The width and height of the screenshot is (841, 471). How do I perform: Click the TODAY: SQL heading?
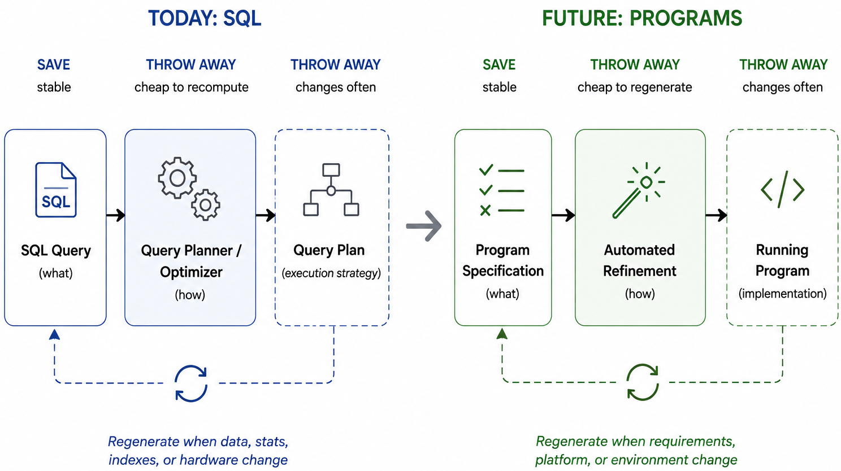tap(205, 18)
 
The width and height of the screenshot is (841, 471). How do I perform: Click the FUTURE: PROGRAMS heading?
tap(642, 18)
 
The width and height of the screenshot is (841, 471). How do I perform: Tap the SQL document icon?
tap(56, 190)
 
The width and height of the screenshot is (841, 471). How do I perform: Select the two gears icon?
tap(189, 189)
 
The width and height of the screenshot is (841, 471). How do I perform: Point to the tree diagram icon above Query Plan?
tap(331, 190)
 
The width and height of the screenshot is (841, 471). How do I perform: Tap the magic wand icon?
tap(638, 190)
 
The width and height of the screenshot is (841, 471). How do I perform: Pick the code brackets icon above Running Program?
tap(783, 190)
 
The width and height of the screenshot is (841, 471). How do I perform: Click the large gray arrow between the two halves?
tap(424, 226)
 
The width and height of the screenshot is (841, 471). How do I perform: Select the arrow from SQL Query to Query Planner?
tap(116, 215)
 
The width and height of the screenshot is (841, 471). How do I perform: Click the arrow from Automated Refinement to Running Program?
tap(716, 215)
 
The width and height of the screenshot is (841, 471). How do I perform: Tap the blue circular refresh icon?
tap(191, 383)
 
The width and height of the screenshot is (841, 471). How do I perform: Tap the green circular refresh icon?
tap(643, 382)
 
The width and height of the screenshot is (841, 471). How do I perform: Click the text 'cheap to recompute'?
tap(192, 88)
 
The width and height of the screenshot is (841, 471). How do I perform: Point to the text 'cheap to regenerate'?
tap(635, 88)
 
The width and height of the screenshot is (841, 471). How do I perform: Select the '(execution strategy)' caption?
tap(331, 273)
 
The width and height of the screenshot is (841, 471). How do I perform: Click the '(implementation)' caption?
tap(782, 294)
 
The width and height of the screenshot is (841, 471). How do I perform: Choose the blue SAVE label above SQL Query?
tap(54, 65)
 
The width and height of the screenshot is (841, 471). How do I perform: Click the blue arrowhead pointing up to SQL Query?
tap(54, 334)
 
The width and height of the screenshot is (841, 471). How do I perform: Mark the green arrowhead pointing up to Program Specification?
tap(502, 333)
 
